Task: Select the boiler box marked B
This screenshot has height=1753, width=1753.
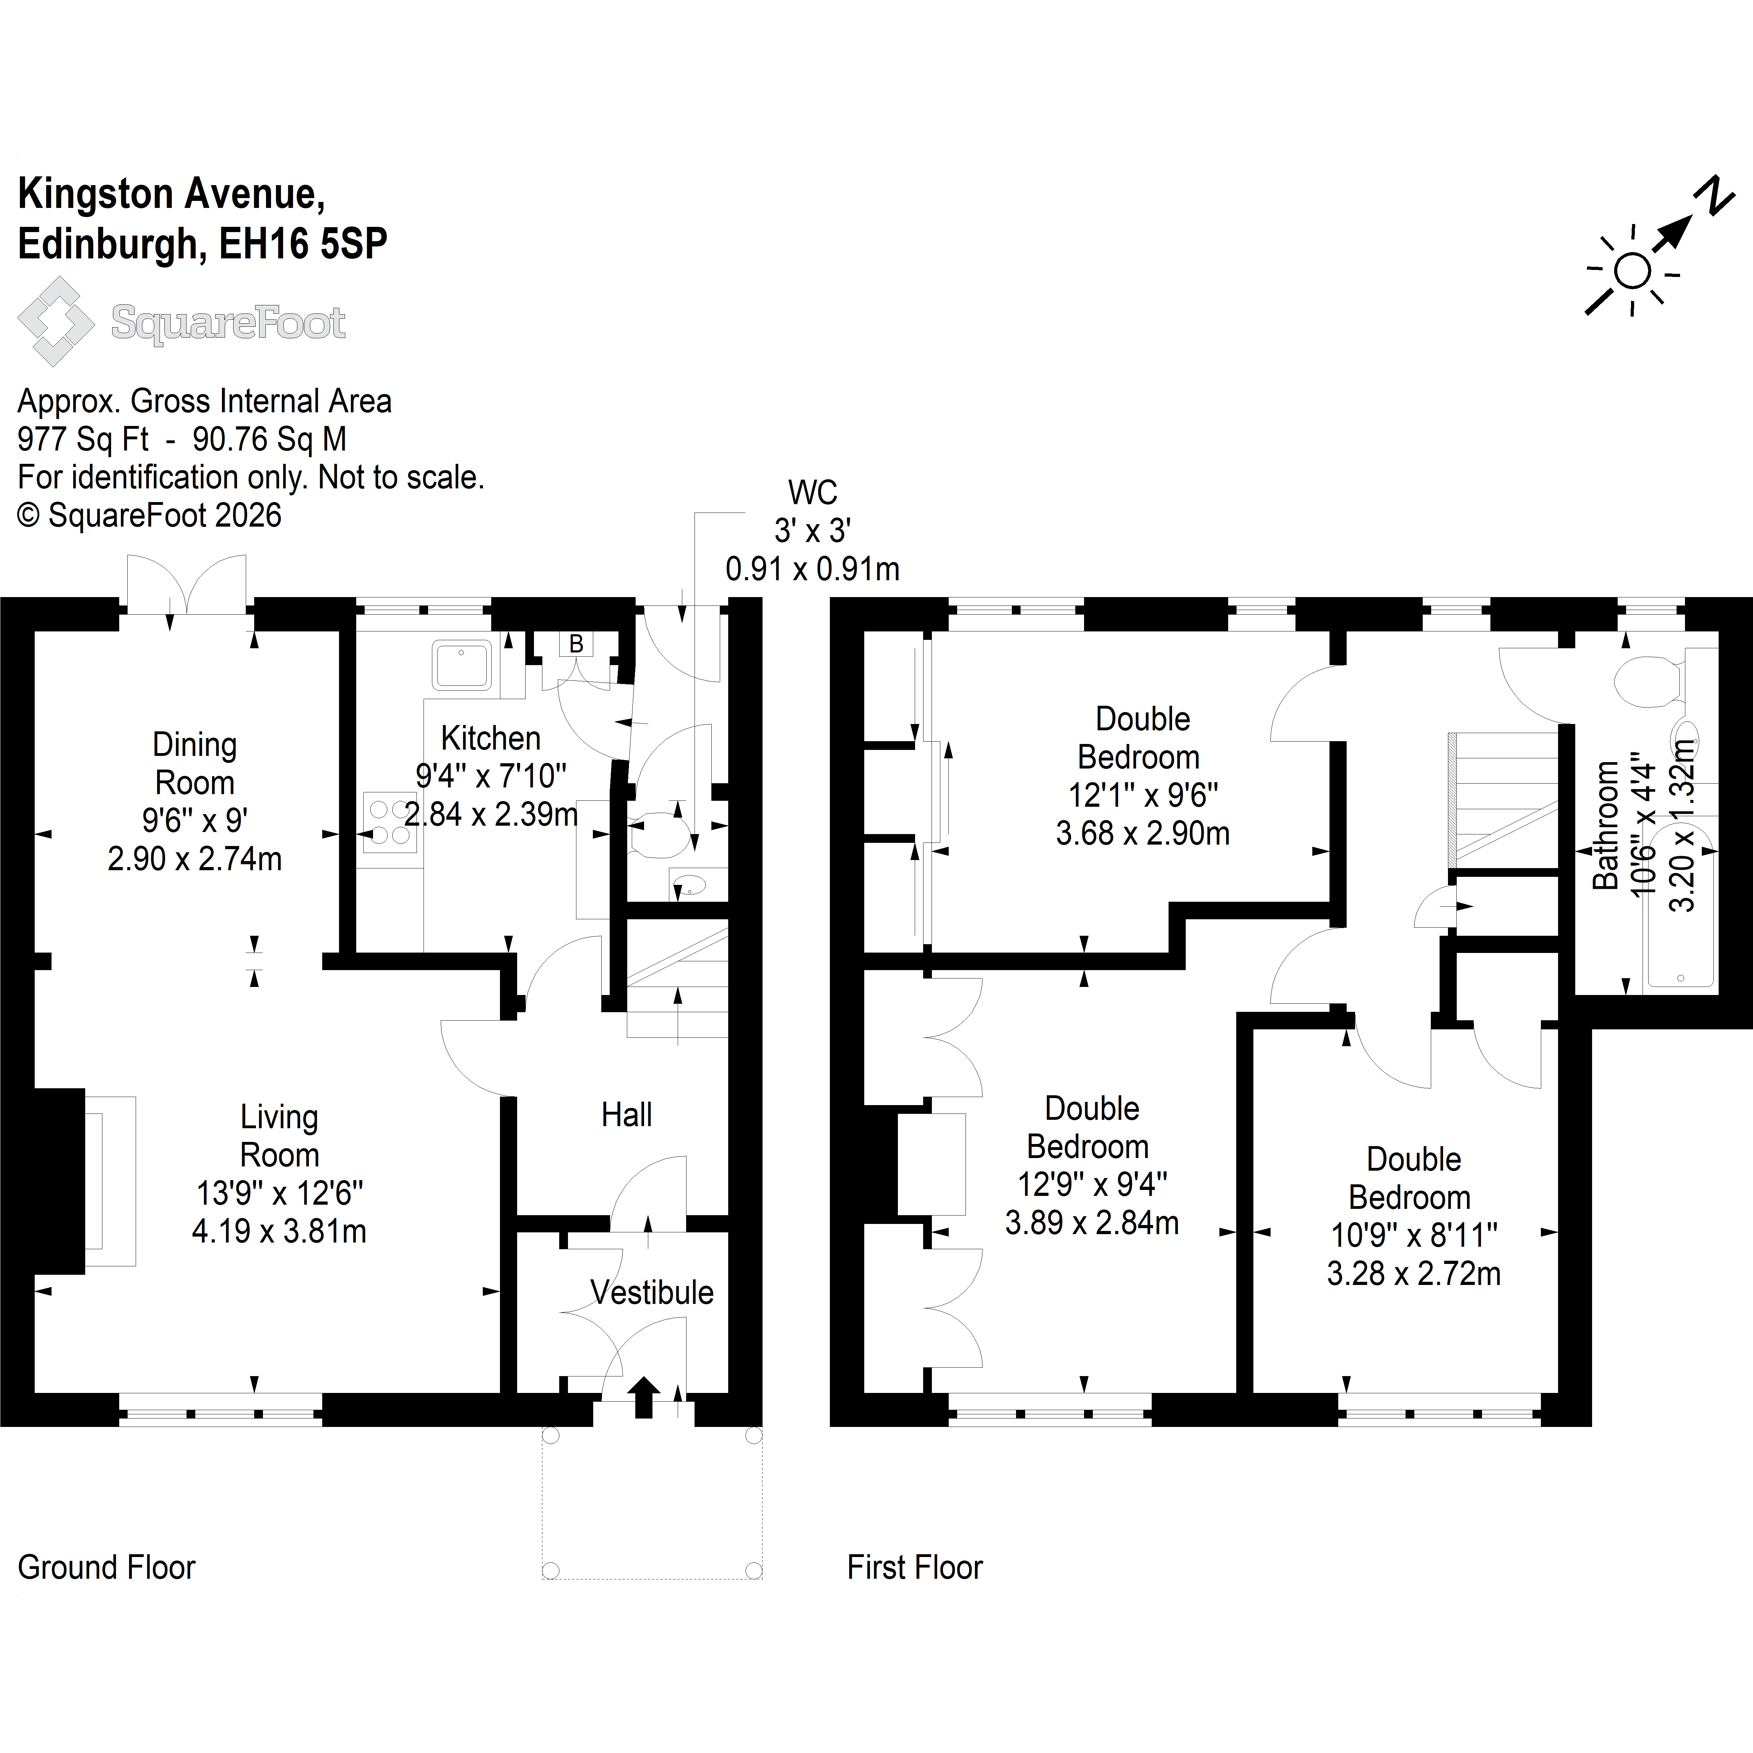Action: pyautogui.click(x=575, y=644)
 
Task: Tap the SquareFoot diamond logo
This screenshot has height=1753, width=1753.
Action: pyautogui.click(x=56, y=321)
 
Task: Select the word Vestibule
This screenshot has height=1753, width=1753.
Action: pyautogui.click(x=651, y=1292)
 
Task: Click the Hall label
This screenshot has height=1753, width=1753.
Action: pyautogui.click(x=626, y=1114)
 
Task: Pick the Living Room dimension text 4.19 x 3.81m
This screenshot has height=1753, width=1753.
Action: pyautogui.click(x=279, y=1231)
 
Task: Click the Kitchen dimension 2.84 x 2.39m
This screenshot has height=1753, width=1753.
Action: pyautogui.click(x=491, y=814)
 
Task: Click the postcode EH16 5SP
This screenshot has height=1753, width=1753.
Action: pyautogui.click(x=304, y=243)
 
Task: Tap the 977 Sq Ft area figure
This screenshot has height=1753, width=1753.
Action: pyautogui.click(x=83, y=439)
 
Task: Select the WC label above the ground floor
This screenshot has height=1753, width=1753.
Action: pyautogui.click(x=812, y=493)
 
